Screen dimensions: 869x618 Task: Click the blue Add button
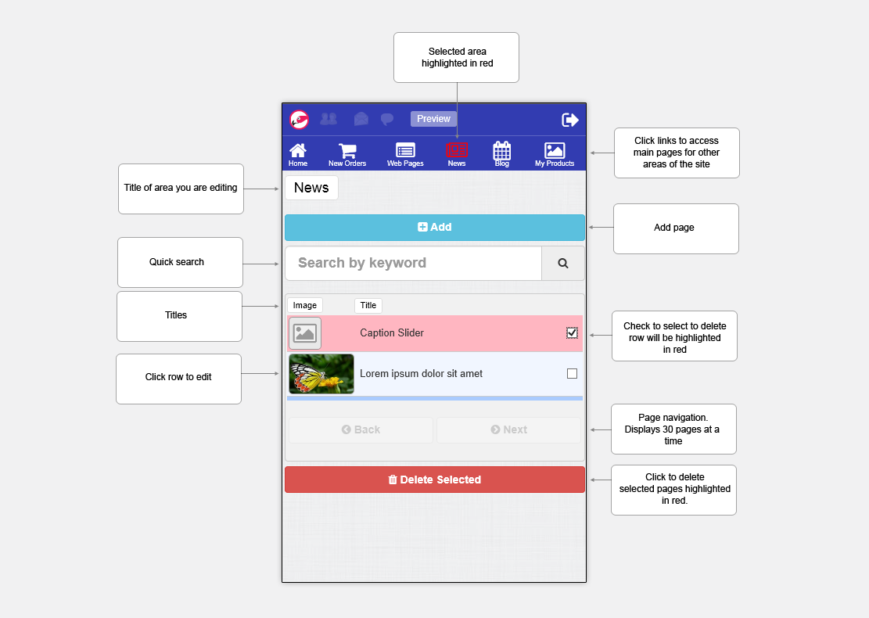435,227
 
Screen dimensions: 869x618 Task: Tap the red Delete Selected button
435,480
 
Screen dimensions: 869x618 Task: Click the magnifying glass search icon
562,264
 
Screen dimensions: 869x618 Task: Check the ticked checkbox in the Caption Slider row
572,332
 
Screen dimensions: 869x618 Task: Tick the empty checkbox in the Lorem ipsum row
572,374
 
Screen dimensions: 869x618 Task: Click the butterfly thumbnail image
321,374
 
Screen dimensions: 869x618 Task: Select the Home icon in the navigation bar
297,151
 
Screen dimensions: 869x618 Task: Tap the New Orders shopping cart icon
347,151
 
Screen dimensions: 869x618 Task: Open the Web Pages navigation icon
405,150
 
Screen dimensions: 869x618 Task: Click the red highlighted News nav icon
457,150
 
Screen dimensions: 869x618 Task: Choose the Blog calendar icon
501,151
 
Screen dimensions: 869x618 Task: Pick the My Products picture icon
555,150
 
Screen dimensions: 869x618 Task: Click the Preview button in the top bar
433,119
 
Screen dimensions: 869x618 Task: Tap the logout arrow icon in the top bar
569,120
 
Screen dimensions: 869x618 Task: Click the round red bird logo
300,120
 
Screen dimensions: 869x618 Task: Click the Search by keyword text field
414,264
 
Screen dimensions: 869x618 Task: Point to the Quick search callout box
180,262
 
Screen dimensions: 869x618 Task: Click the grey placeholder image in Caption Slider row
305,333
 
